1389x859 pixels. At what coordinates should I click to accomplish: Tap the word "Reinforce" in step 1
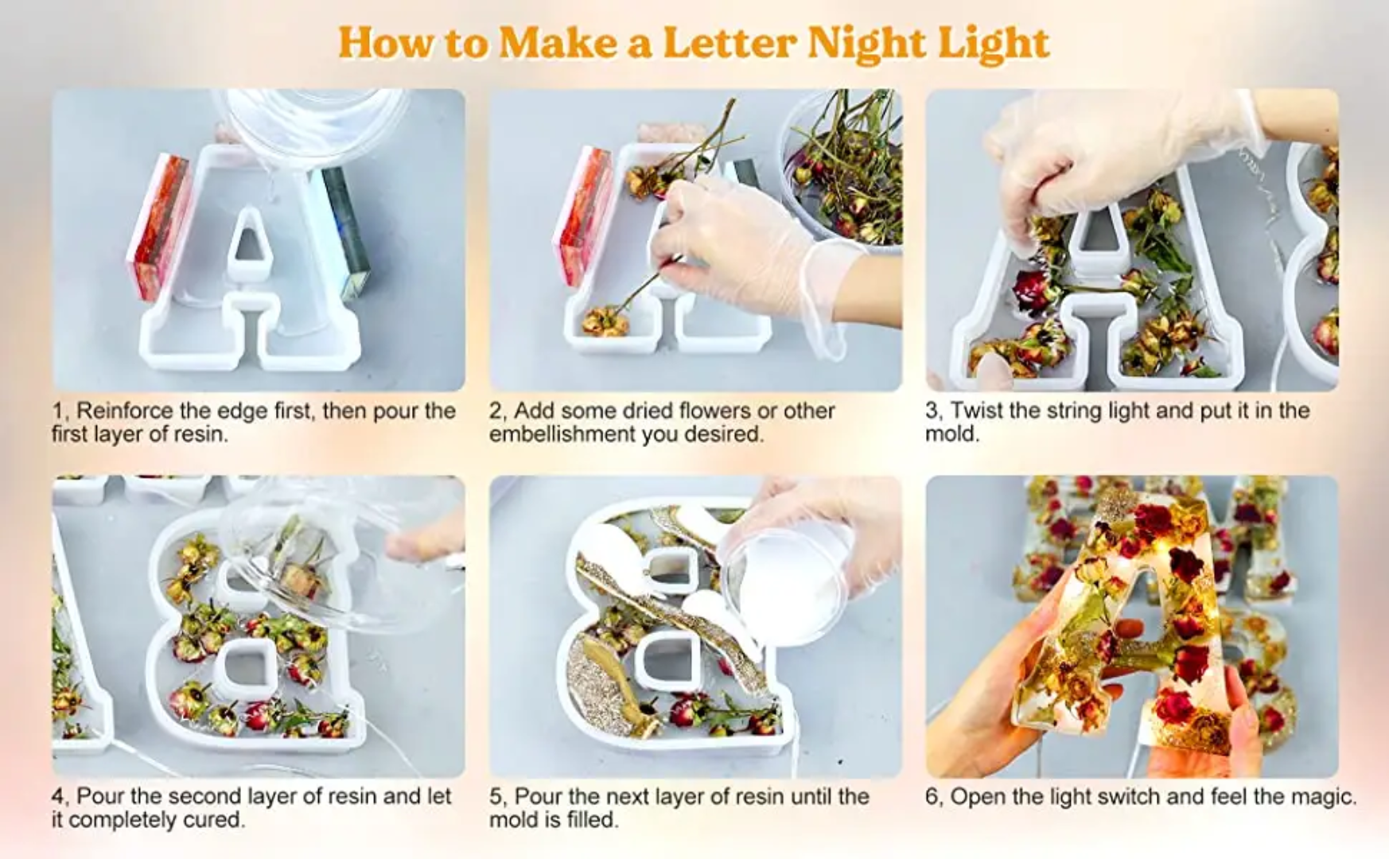tap(124, 410)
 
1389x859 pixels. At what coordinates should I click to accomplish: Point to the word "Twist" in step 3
tap(977, 410)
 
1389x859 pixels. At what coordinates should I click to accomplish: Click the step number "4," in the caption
tap(61, 797)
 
